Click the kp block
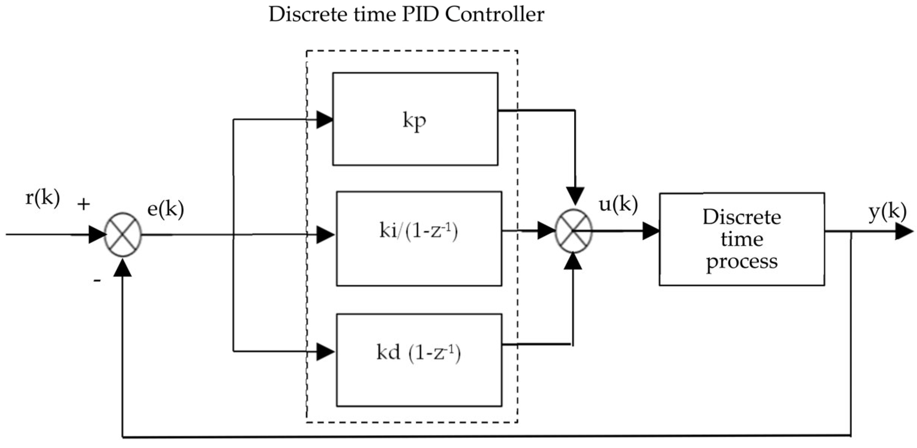pos(415,119)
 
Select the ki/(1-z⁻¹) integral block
pos(419,238)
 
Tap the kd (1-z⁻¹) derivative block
pos(419,360)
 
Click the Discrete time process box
pos(742,239)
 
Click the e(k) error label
pos(165,209)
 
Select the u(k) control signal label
pos(618,205)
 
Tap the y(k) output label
pos(887,212)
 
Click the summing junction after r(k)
pos(123,235)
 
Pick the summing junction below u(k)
pos(573,231)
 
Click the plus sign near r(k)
pos(84,204)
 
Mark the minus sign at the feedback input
pos(97,280)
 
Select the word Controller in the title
pos(495,15)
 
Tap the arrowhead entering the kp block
pos(324,120)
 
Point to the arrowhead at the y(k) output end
pos(904,231)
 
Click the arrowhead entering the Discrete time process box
pos(651,231)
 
